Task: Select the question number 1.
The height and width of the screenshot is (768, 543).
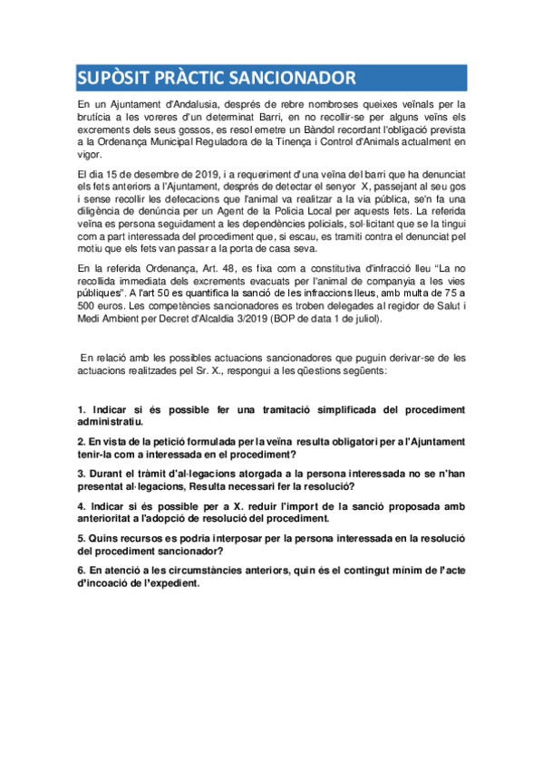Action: click(81, 410)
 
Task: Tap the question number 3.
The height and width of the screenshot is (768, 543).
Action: click(81, 473)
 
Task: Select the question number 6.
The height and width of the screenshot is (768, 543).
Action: click(81, 571)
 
